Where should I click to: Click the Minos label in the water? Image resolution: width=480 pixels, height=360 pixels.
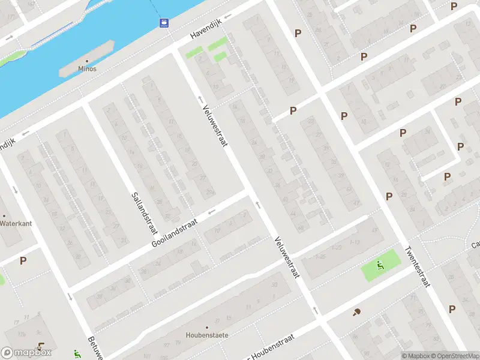click(87, 69)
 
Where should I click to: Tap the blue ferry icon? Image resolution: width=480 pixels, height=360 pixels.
click(163, 23)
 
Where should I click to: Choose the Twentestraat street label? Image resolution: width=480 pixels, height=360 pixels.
click(418, 267)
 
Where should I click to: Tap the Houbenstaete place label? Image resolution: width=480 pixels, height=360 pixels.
click(207, 335)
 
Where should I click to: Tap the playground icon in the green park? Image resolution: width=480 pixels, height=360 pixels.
click(380, 265)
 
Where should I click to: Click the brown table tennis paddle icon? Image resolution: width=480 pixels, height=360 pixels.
click(357, 312)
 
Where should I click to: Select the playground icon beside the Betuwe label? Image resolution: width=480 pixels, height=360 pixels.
click(76, 354)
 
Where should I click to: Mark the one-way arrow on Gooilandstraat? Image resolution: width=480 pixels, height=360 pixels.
click(211, 211)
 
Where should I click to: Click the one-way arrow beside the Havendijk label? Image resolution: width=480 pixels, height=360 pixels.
click(228, 17)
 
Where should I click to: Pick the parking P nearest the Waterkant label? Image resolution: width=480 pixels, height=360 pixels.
click(23, 260)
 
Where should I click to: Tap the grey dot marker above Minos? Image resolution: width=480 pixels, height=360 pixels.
click(87, 61)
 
